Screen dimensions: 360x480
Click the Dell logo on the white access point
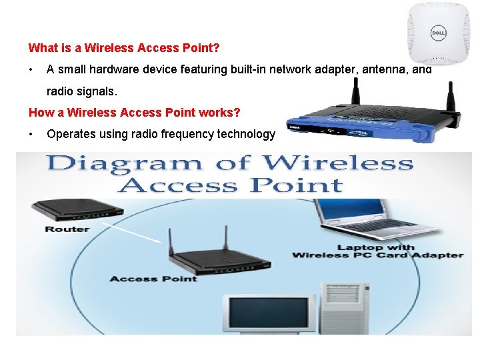tap(437, 32)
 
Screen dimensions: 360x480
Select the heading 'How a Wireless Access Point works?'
tap(134, 112)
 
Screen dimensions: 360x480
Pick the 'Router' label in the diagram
tap(67, 229)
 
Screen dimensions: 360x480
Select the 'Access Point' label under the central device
tap(153, 278)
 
